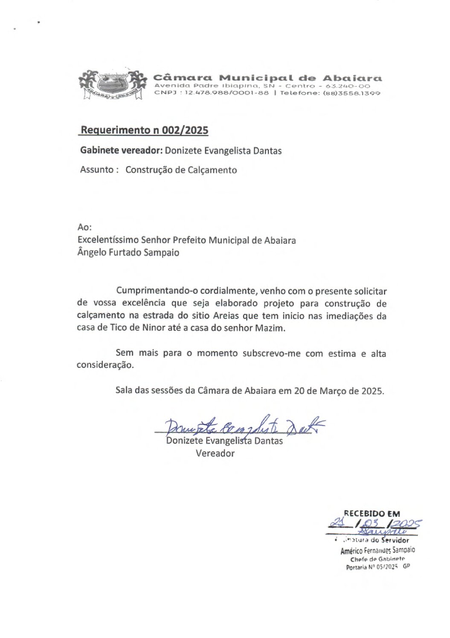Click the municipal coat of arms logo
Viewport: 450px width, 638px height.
point(110,84)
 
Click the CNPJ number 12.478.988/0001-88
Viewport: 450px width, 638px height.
point(226,93)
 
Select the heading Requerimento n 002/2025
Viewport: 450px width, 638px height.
point(144,130)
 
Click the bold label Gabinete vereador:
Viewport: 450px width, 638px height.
point(121,150)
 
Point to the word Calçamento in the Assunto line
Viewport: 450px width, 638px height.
point(212,170)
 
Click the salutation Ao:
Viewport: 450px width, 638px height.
point(84,228)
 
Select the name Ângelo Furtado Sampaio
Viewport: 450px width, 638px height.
point(128,253)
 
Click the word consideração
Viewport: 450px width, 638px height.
point(105,365)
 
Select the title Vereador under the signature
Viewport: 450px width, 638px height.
point(215,453)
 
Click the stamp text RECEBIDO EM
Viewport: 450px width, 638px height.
point(372,514)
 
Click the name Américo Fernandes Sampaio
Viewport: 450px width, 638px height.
point(377,550)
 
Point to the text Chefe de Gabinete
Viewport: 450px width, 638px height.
point(377,559)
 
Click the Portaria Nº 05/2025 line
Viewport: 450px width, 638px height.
point(377,567)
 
